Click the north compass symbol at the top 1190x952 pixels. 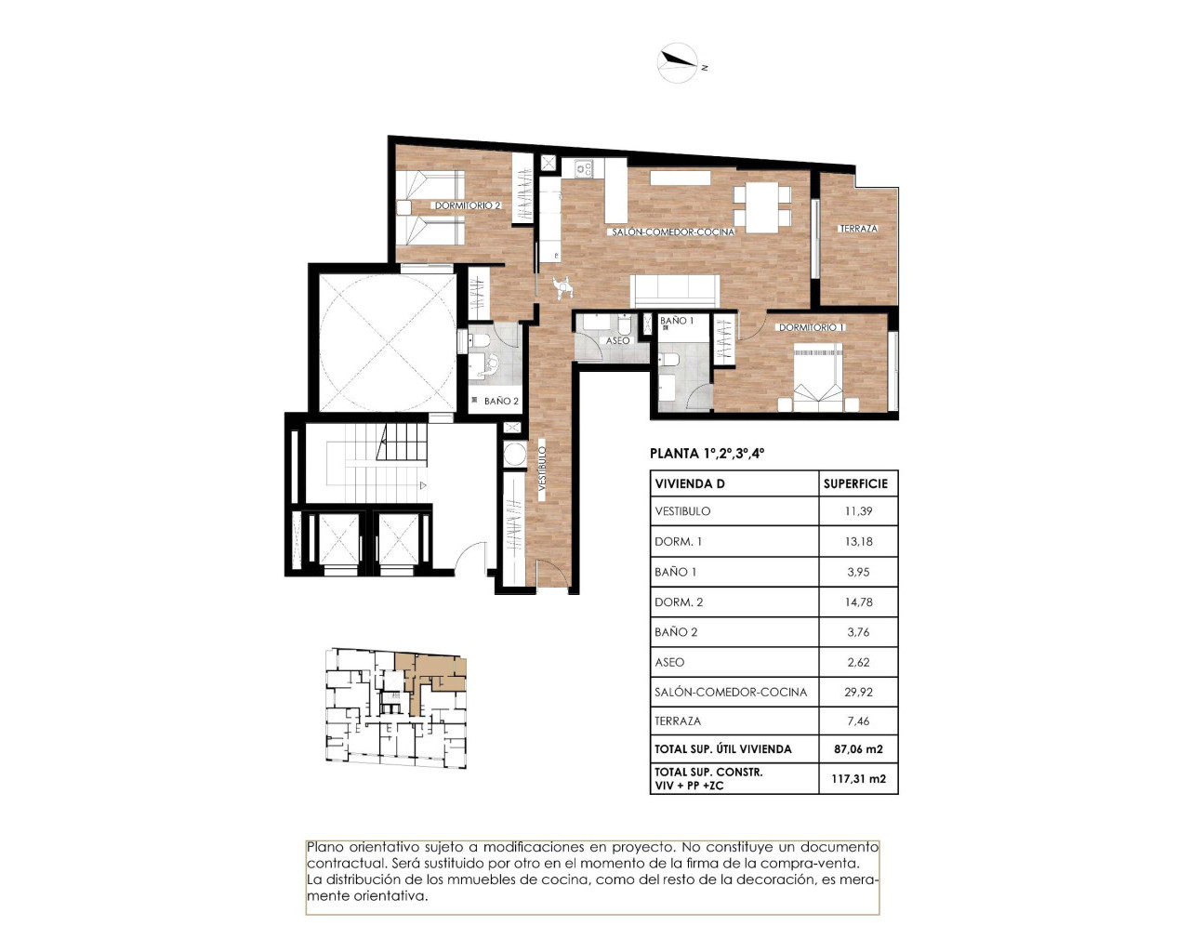(x=679, y=63)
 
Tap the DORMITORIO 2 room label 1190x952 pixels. (x=468, y=205)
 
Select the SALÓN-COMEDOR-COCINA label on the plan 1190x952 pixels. (x=673, y=231)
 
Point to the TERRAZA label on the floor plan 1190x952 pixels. (x=858, y=229)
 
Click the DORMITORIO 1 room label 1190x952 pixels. (x=812, y=327)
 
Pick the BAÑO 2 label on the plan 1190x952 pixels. (x=501, y=402)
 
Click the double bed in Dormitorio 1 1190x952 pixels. (x=818, y=377)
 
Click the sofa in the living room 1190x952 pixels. (x=675, y=291)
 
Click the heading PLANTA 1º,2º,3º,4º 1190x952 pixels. (x=707, y=454)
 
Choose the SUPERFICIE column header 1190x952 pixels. (x=855, y=483)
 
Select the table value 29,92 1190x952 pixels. (x=858, y=692)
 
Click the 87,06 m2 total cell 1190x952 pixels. (x=858, y=749)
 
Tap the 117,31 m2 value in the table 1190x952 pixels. (x=858, y=779)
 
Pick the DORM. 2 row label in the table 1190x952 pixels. (x=679, y=602)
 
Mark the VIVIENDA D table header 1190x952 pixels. (x=690, y=483)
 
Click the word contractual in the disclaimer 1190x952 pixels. (x=344, y=864)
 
